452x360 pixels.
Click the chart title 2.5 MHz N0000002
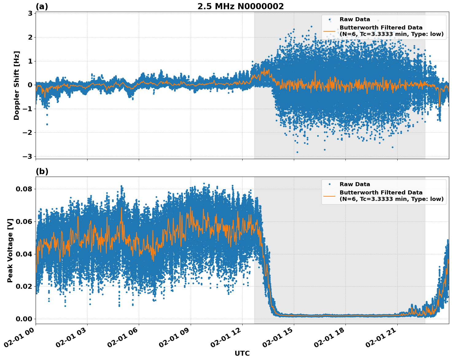coord(240,6)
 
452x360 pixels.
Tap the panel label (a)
coord(42,6)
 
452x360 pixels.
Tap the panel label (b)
coord(42,171)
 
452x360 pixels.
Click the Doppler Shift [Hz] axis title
coord(17,85)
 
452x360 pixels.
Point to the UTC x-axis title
coord(242,353)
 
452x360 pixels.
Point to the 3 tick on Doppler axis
coord(30,14)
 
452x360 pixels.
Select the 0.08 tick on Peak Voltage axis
coord(24,189)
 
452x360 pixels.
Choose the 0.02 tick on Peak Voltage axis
coord(24,286)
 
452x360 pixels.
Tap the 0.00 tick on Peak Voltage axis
coord(24,319)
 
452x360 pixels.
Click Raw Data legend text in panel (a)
coord(355,19)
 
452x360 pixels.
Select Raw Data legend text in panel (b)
coord(355,184)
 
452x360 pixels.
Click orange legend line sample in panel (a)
coord(329,31)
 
